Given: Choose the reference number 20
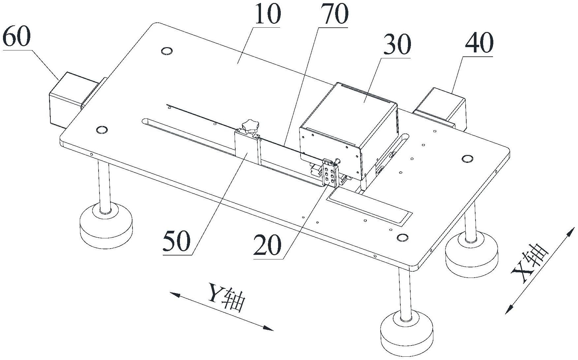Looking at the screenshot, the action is pos(268,246).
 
